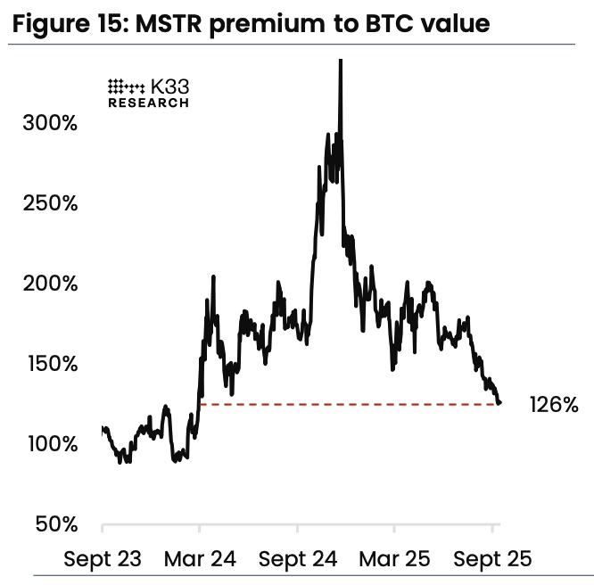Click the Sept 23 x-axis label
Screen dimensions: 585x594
[x=103, y=559]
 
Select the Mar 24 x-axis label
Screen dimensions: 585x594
[x=200, y=559]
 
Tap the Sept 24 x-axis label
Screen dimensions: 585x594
[x=299, y=559]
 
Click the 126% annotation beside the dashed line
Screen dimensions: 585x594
[x=554, y=405]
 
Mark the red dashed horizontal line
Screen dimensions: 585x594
[x=348, y=405]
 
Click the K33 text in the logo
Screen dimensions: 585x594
[x=170, y=87]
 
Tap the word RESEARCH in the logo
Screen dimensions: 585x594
[x=148, y=103]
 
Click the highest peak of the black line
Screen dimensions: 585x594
[x=341, y=61]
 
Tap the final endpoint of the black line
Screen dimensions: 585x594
[x=499, y=402]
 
